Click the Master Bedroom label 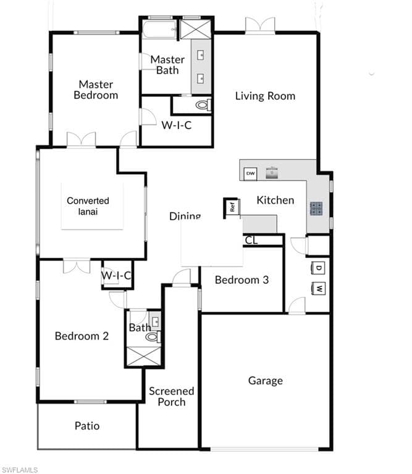[x=96, y=89]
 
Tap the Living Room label [x=265, y=96]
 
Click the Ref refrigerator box [x=232, y=207]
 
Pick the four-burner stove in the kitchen [x=316, y=209]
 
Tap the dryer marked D [x=319, y=268]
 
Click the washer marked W [x=319, y=288]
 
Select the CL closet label [x=251, y=240]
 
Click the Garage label [x=266, y=380]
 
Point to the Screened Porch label [x=171, y=396]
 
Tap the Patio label [x=87, y=425]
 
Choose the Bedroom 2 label [x=82, y=336]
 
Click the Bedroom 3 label [x=242, y=280]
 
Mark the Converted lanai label [x=88, y=206]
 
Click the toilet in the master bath [x=202, y=106]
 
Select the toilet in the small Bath [x=152, y=337]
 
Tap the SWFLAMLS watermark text [x=20, y=470]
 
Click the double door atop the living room [x=260, y=25]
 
